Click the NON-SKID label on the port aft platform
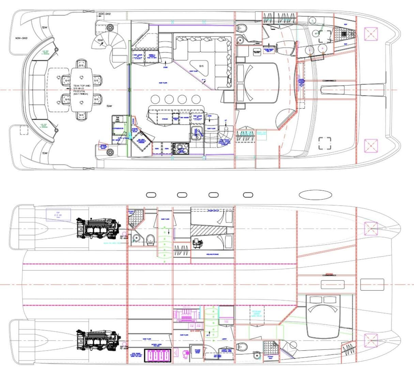pyautogui.click(x=21, y=38)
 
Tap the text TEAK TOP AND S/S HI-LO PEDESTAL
pyautogui.click(x=82, y=90)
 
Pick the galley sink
pyautogui.click(x=197, y=134)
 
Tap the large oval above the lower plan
pyautogui.click(x=315, y=195)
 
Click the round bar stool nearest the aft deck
pyautogui.click(x=155, y=99)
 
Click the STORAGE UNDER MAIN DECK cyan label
pyautogui.click(x=256, y=313)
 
